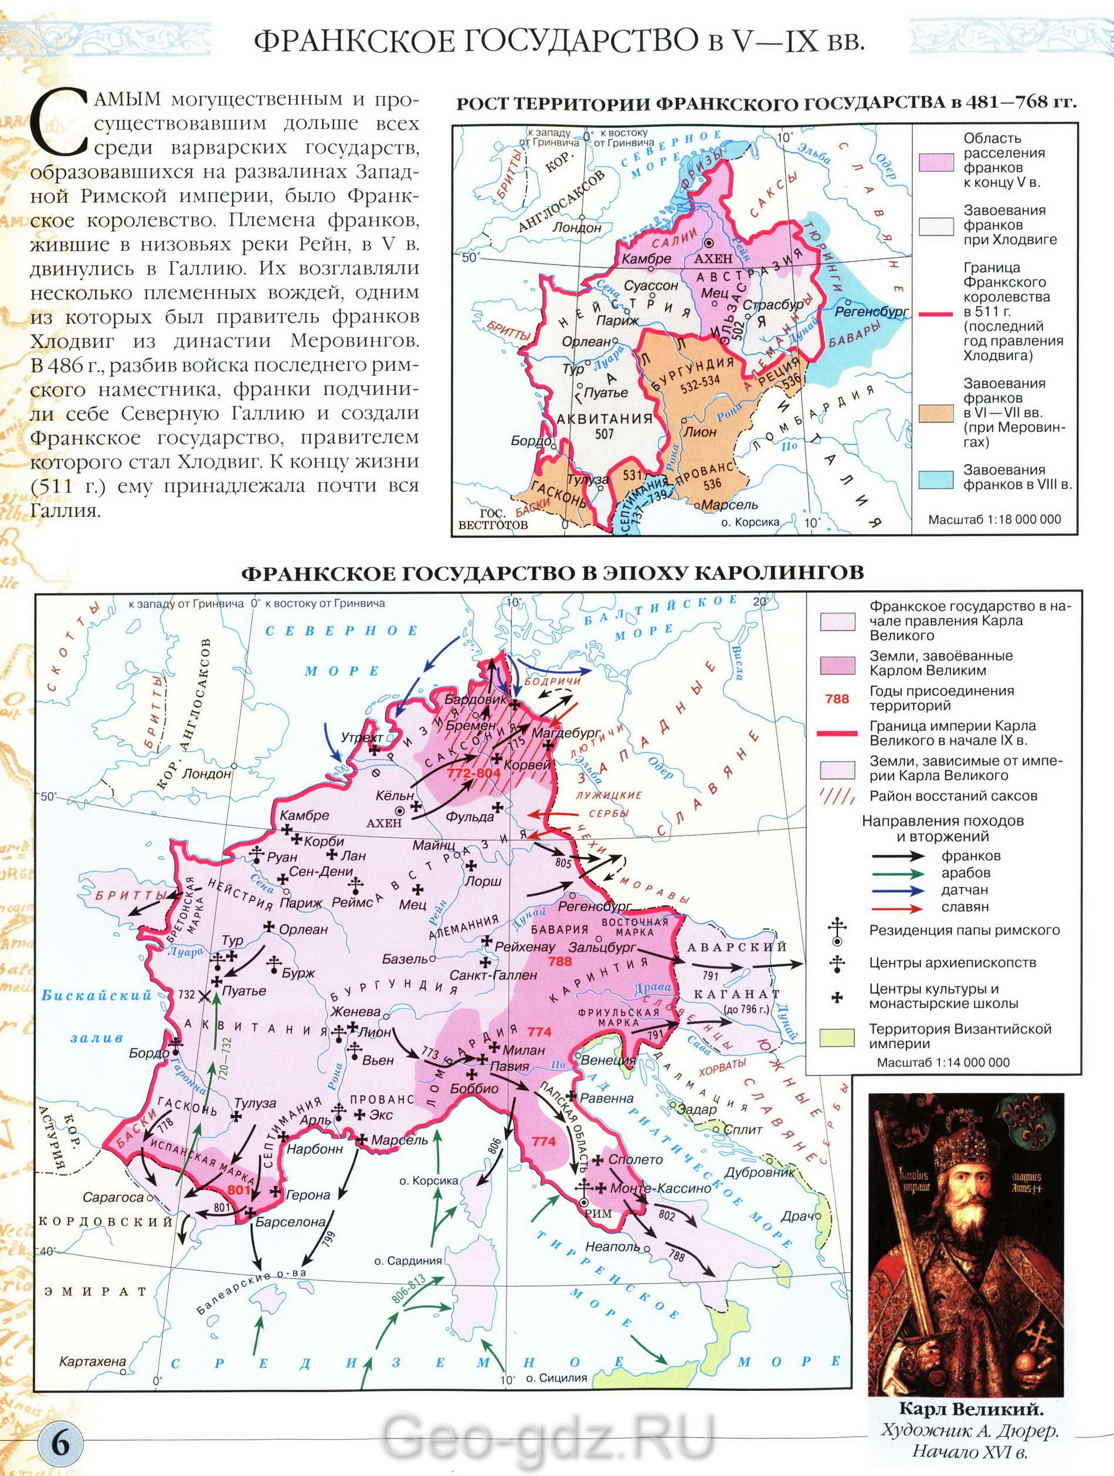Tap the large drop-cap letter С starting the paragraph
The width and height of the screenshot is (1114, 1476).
click(x=62, y=124)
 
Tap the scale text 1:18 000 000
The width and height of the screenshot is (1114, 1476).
click(x=994, y=519)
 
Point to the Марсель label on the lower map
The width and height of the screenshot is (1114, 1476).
click(x=399, y=1140)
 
